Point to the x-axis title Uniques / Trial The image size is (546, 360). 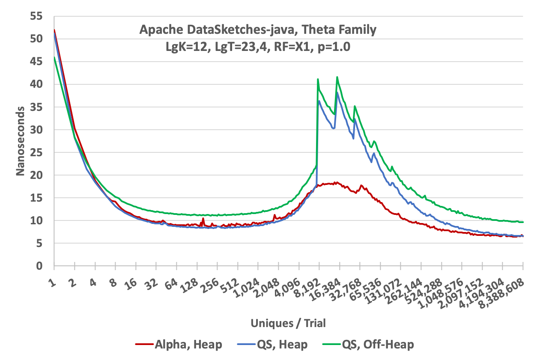tap(289, 323)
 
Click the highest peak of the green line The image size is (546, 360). tap(337, 77)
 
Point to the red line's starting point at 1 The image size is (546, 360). tap(54, 30)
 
